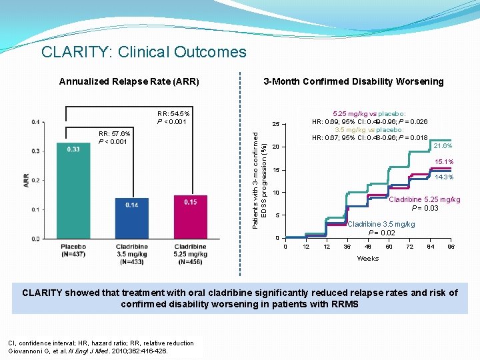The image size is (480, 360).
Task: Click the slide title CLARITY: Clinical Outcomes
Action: (x=143, y=52)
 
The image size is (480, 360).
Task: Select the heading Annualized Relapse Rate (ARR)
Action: (x=129, y=82)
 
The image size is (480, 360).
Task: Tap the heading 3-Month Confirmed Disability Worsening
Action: (x=353, y=81)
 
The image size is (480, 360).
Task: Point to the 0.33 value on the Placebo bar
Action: (x=73, y=149)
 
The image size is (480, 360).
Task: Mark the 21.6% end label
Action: (x=443, y=145)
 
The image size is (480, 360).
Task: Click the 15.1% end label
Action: (x=444, y=162)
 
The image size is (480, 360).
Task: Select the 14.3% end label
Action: (x=444, y=177)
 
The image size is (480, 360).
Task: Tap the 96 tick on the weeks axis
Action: (x=451, y=247)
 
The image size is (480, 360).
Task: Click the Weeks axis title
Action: (x=367, y=258)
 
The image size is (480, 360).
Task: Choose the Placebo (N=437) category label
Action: (x=73, y=250)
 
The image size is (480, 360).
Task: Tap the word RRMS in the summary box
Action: (x=342, y=304)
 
